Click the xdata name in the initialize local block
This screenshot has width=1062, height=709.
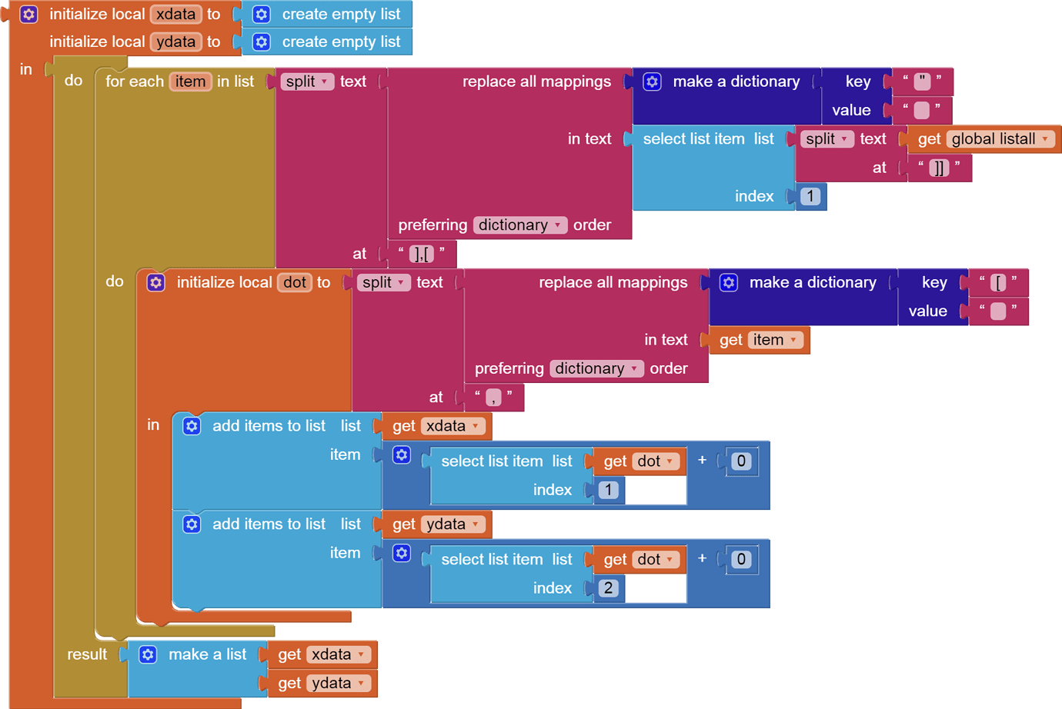pos(175,14)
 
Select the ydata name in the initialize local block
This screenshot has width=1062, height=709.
pos(175,42)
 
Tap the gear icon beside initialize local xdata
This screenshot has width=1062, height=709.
pos(28,14)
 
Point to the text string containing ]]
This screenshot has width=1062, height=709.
pos(939,168)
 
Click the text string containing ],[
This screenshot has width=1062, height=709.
pos(421,253)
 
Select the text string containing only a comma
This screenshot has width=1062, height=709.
pos(493,397)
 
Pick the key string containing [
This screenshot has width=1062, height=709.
pos(998,282)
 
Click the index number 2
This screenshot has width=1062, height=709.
pos(608,588)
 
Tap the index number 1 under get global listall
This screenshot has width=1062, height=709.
pos(810,196)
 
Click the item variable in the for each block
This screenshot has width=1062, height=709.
pos(189,82)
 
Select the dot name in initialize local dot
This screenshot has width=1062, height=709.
pos(295,282)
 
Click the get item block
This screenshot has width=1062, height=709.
pos(759,340)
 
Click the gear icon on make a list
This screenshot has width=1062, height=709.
pos(148,654)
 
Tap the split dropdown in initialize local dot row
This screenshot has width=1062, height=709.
pos(382,282)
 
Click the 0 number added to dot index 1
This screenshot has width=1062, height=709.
pos(740,461)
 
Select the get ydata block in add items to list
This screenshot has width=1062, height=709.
pos(436,524)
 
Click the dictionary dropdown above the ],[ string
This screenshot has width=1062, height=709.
pos(519,225)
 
